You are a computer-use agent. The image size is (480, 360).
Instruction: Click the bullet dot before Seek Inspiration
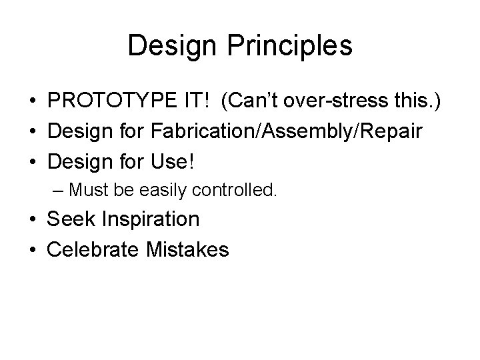[x=31, y=219]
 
